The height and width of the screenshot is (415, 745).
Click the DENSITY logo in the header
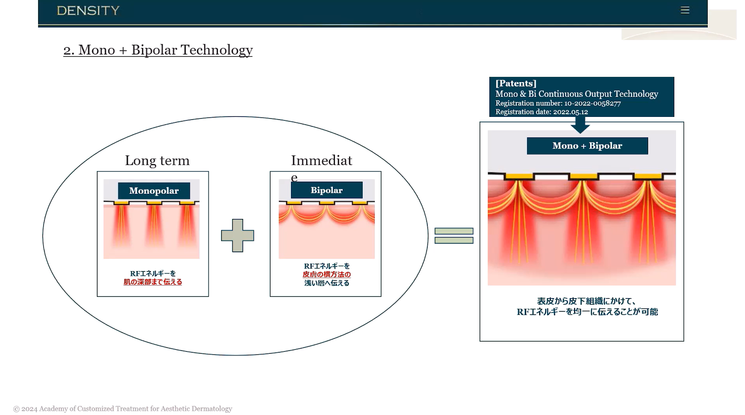88,11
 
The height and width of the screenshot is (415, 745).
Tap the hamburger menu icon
685,10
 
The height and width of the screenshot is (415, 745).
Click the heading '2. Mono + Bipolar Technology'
158,50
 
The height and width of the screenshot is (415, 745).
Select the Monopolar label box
154,190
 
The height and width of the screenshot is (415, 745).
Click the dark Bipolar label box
326,190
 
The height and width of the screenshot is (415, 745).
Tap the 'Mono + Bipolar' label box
587,146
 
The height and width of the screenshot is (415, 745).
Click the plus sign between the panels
237,235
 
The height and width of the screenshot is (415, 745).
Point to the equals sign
454,236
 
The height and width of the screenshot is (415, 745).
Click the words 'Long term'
157,161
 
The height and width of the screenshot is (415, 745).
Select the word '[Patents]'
516,83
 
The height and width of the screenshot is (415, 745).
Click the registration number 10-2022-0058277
592,103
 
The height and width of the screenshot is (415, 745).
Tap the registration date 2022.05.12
570,112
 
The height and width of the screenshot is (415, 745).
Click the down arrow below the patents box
580,125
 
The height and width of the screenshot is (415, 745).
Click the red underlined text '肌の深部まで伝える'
153,282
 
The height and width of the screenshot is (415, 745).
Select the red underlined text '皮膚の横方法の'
326,274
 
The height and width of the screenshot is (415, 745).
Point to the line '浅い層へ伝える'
326,283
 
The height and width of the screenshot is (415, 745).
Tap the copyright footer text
123,408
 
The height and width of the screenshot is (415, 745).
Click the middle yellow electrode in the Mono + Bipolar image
584,176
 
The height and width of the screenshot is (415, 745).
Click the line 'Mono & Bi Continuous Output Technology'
577,94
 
